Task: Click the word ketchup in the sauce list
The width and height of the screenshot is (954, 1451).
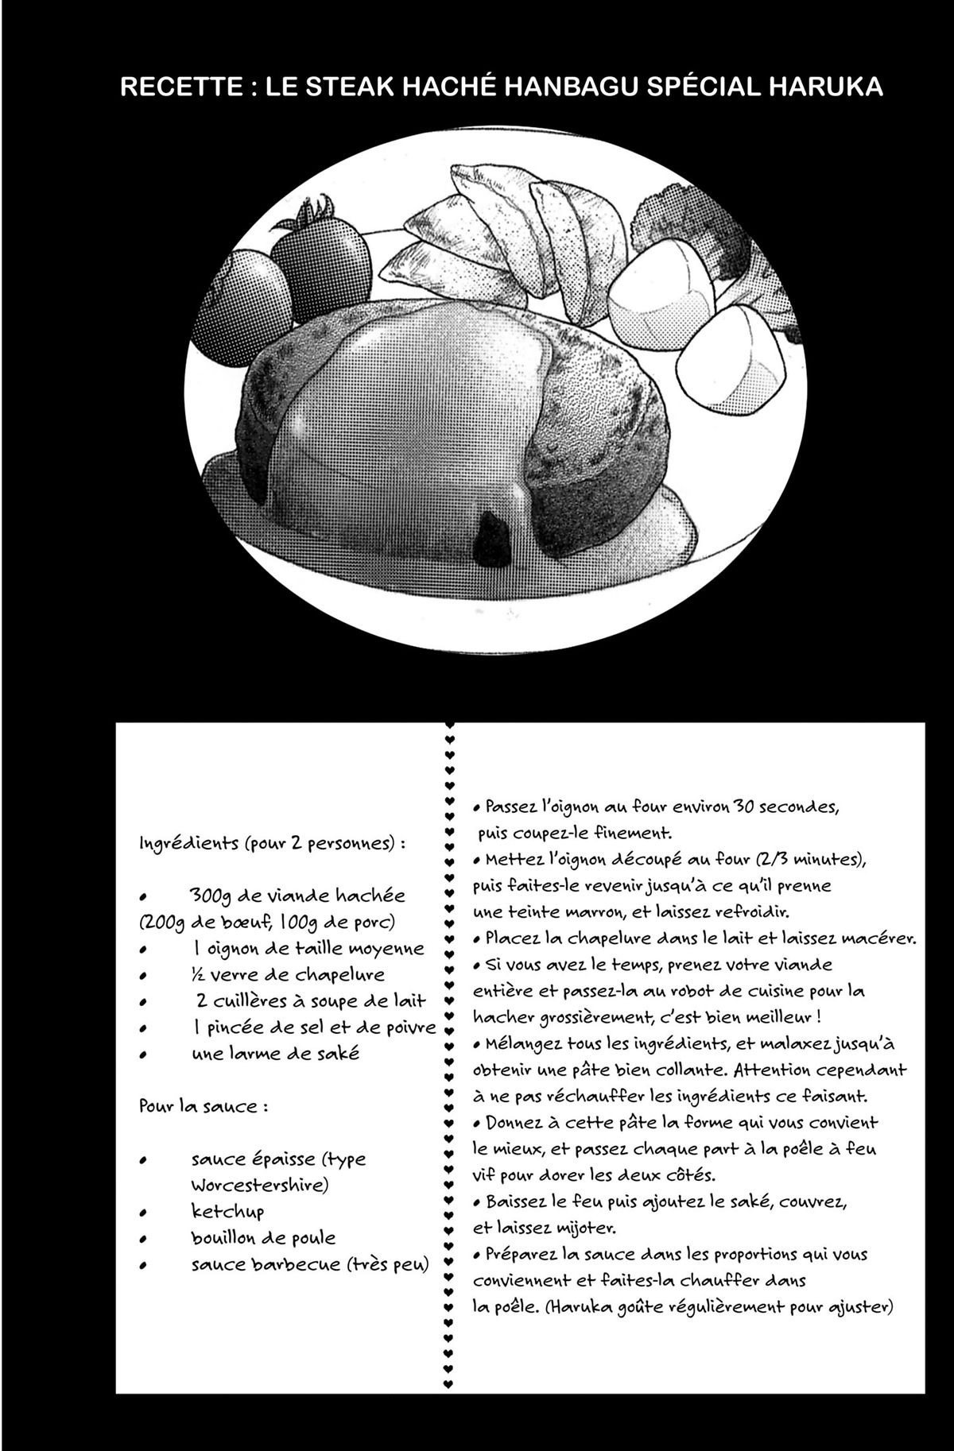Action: coord(227,1212)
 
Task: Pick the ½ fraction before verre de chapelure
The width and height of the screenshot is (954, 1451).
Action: coord(197,975)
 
